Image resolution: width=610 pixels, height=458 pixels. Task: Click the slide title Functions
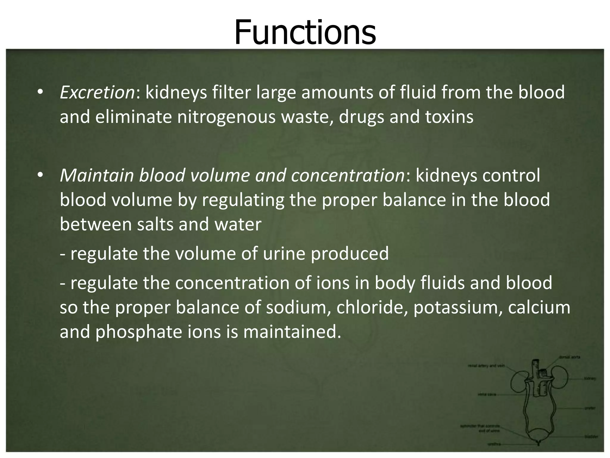pyautogui.click(x=305, y=32)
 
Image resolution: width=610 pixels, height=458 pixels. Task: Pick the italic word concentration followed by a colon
pyautogui.click(x=347, y=175)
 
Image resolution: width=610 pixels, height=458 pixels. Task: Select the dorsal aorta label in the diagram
pyautogui.click(x=569, y=357)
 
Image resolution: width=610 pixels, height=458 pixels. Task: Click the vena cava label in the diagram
pyautogui.click(x=486, y=394)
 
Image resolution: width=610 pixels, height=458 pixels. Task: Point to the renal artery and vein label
pyautogui.click(x=486, y=366)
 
